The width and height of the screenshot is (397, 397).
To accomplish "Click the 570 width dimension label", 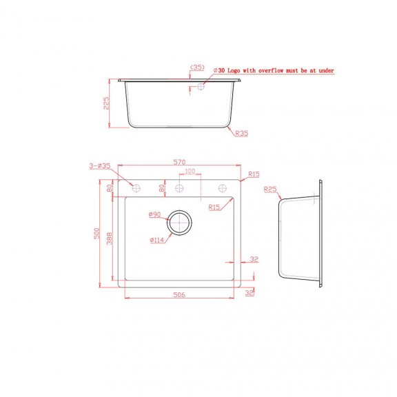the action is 179,162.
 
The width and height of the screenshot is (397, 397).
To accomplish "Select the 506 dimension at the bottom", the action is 179,294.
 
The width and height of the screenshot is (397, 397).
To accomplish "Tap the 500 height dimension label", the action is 96,233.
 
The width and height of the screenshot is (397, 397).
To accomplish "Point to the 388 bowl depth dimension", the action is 109,238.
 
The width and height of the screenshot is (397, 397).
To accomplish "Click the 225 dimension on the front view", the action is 106,103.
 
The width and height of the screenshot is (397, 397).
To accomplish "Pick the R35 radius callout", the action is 241,133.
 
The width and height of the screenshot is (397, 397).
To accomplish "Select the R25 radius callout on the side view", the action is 270,189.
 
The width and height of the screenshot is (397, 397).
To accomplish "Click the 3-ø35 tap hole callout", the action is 100,166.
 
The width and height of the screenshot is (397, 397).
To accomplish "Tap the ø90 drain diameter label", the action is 154,214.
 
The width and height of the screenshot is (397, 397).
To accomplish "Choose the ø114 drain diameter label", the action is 157,240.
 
